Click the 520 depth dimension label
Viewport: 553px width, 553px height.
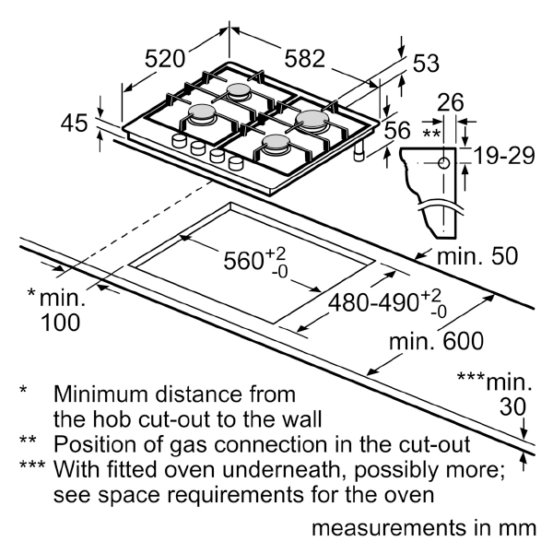click(165, 59)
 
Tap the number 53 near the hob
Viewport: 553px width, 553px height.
click(425, 65)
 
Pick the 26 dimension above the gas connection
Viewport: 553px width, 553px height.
click(451, 103)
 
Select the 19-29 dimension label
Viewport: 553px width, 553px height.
click(505, 156)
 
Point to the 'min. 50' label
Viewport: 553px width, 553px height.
click(477, 256)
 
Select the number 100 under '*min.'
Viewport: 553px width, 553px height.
click(60, 323)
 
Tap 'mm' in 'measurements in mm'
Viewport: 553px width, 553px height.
click(518, 530)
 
